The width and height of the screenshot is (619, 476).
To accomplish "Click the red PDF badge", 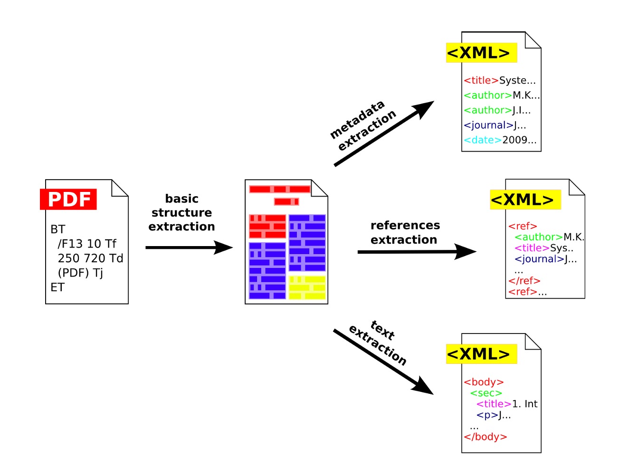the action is (68, 199).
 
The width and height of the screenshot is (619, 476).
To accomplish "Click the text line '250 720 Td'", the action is (90, 258).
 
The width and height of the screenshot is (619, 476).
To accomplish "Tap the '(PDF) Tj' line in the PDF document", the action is (80, 273).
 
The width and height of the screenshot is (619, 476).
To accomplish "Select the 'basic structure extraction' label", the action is (181, 212).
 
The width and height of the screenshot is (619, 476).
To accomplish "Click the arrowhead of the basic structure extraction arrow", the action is (224, 247).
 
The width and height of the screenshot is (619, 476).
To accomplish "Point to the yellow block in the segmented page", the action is (307, 287).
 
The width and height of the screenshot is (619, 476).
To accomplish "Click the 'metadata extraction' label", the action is (362, 125).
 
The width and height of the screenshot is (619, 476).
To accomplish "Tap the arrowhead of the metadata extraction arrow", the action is (424, 109).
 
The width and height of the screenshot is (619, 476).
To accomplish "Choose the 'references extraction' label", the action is (405, 232).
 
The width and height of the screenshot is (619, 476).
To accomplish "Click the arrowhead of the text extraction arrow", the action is (423, 386).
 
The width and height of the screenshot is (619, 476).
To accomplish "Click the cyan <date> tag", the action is (483, 140).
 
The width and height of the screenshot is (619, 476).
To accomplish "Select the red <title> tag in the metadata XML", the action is (481, 80).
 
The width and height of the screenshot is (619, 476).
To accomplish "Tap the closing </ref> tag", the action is (524, 281).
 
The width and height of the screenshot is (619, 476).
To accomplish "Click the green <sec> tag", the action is (486, 393).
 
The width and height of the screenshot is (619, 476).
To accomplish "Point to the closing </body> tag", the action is (486, 437).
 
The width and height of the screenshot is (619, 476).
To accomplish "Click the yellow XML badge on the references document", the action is (525, 200).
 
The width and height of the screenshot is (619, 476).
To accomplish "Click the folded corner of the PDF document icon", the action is (120, 188).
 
